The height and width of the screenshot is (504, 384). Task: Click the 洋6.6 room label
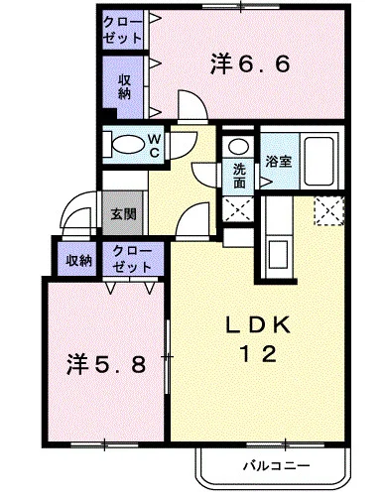pos(249,65)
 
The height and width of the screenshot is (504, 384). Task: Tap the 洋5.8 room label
pos(106,363)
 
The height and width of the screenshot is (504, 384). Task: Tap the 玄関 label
pos(123,212)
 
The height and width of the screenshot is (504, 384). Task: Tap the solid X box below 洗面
pos(239,210)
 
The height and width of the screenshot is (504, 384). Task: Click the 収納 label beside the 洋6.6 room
pos(124,86)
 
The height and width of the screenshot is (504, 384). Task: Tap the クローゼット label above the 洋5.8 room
pos(132,259)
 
